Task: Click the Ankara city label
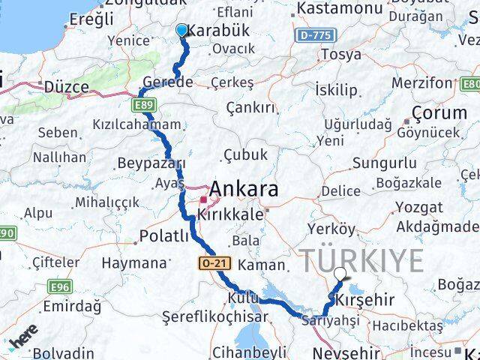pyautogui.click(x=245, y=188)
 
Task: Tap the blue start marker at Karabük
pyautogui.click(x=181, y=30)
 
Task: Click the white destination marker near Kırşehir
pyautogui.click(x=340, y=274)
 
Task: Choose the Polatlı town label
pyautogui.click(x=165, y=238)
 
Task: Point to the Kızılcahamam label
pyautogui.click(x=136, y=124)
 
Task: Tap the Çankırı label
pyautogui.click(x=250, y=108)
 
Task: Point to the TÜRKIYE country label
pyautogui.click(x=363, y=260)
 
